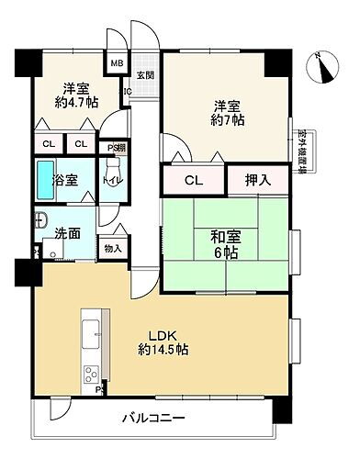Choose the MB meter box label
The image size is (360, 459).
click(118, 63)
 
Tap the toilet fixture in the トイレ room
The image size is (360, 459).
click(111, 171)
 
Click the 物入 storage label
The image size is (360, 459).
click(113, 250)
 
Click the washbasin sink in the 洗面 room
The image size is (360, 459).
click(40, 220)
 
